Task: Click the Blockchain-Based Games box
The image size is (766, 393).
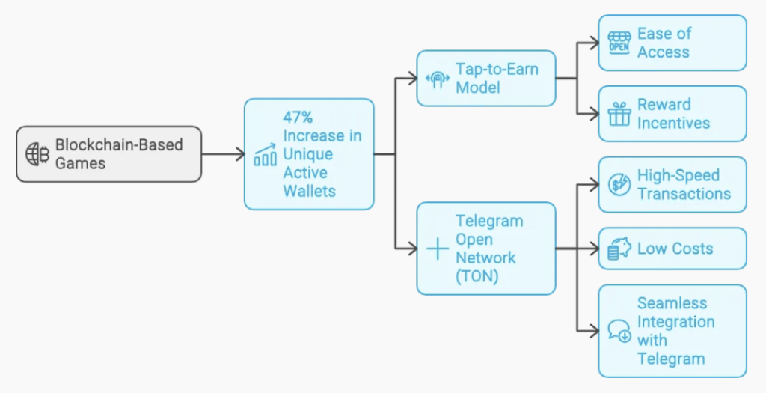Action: click(x=109, y=153)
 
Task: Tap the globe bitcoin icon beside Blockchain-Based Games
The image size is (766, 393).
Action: click(x=37, y=153)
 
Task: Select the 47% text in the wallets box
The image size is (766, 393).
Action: click(x=298, y=118)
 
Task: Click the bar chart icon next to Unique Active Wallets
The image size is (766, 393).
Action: click(x=265, y=155)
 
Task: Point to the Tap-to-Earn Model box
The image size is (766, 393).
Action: click(x=485, y=78)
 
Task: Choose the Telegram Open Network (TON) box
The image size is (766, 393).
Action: click(x=485, y=248)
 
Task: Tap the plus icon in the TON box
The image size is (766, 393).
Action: click(x=437, y=249)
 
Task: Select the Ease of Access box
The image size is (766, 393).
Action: click(x=672, y=43)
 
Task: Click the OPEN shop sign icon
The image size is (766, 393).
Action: click(x=619, y=43)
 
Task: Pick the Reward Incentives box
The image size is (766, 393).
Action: click(x=672, y=114)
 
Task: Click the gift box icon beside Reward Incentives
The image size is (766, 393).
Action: click(x=619, y=115)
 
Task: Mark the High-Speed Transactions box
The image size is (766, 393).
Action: click(x=672, y=184)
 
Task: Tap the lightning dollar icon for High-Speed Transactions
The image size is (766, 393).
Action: click(x=619, y=185)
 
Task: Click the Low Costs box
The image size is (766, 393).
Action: click(x=672, y=249)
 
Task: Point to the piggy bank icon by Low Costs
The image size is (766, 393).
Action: click(x=619, y=249)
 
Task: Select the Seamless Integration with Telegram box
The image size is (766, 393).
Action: click(x=672, y=330)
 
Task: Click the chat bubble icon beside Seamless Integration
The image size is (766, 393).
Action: click(x=619, y=331)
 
